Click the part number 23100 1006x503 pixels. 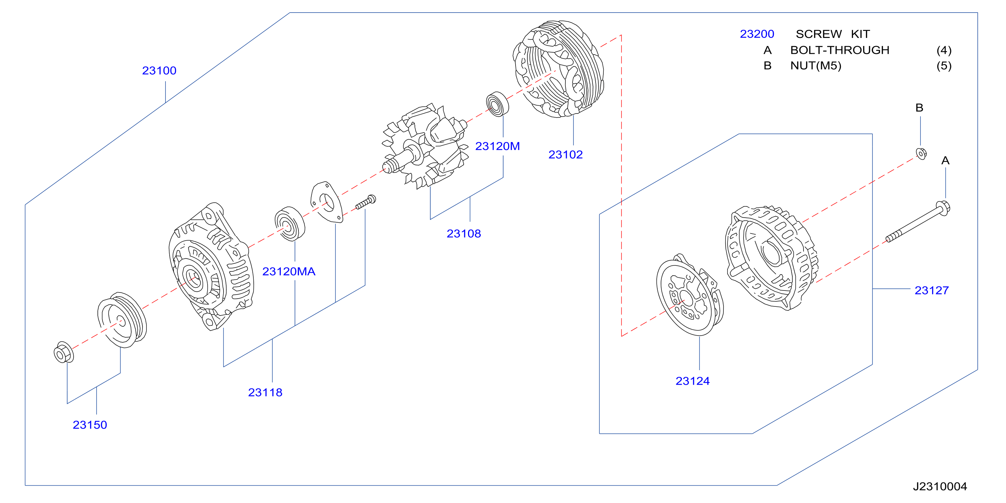159,71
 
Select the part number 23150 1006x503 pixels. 90,425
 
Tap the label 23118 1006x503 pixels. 265,392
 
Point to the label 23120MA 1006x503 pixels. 289,271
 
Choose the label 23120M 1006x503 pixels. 497,146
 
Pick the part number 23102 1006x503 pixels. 565,155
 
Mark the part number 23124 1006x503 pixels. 692,381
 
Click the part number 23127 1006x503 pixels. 931,290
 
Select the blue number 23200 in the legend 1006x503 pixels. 757,34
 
